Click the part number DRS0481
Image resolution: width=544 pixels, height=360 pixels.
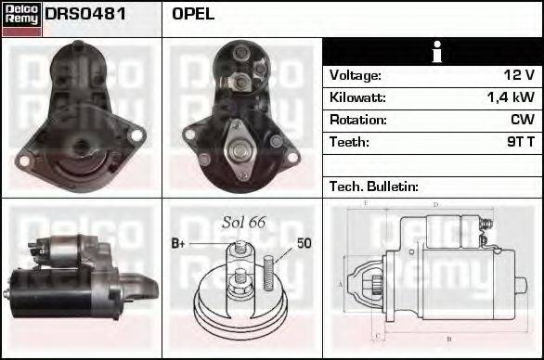coord(85,15)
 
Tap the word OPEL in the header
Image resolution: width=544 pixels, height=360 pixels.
coord(193,15)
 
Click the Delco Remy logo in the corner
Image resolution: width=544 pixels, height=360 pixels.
coord(21,18)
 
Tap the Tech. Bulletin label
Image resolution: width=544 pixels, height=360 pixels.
coord(374,186)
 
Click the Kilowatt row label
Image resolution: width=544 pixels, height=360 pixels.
coord(357,97)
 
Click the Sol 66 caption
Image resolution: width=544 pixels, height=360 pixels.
coord(244,223)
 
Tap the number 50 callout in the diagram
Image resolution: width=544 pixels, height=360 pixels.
coord(304,244)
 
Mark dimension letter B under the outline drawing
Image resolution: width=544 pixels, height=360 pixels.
coord(449,338)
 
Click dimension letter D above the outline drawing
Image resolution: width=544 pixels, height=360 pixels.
coord(435,205)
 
